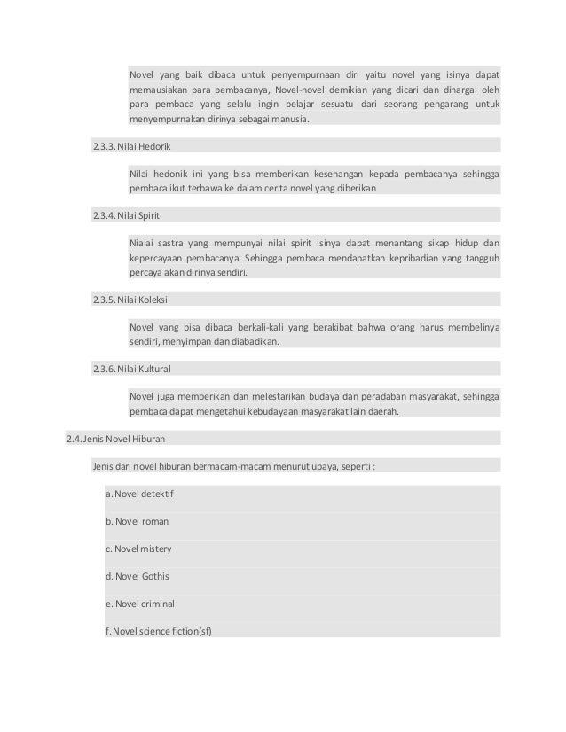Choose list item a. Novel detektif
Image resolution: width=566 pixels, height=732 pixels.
click(138, 493)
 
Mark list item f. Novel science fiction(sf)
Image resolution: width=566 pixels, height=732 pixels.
click(160, 631)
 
